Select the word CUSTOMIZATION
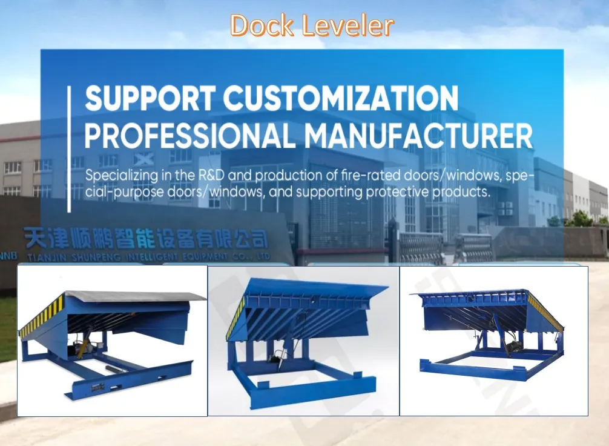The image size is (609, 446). click(x=341, y=99)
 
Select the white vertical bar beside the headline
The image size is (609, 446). click(x=70, y=148)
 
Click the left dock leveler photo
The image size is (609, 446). click(x=112, y=341)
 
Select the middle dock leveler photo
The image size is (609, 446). click(x=303, y=341)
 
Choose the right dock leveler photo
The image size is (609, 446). click(x=494, y=341)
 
